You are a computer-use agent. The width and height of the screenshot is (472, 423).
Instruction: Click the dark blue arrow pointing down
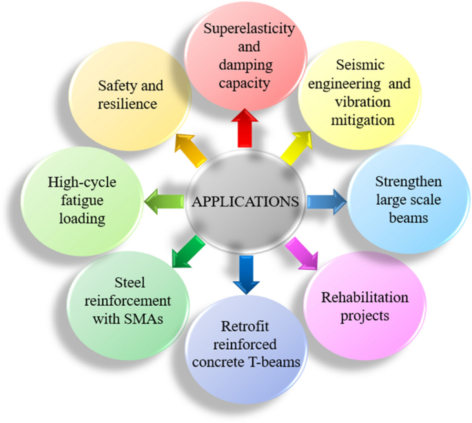243,273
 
